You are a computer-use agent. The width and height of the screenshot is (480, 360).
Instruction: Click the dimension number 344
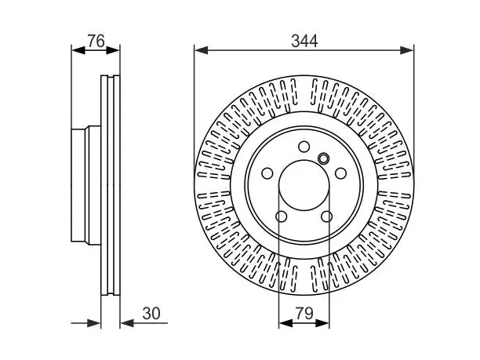[304, 41]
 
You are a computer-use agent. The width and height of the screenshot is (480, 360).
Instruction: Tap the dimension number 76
[96, 41]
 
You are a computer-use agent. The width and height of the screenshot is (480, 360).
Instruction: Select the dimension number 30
[151, 314]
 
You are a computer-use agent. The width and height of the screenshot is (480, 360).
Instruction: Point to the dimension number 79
[304, 314]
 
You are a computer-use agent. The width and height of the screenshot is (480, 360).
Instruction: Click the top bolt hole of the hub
[304, 147]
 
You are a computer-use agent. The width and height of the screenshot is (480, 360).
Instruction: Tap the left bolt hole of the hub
[267, 173]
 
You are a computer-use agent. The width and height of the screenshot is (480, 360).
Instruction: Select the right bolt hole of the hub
[340, 173]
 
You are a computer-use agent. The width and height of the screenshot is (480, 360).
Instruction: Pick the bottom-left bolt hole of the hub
[282, 216]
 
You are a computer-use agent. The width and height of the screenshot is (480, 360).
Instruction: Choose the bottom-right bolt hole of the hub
[326, 216]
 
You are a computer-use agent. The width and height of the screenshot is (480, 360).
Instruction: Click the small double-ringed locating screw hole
[323, 158]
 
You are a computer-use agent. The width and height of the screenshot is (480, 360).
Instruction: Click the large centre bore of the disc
[304, 186]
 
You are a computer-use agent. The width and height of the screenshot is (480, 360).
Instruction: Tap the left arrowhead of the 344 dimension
[202, 50]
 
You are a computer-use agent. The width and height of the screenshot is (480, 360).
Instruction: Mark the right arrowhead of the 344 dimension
[406, 50]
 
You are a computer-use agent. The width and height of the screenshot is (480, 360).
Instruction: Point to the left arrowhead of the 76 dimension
[78, 50]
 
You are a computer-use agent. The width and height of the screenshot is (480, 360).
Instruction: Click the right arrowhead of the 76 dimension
[113, 50]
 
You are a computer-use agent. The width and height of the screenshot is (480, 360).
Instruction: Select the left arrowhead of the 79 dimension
[286, 323]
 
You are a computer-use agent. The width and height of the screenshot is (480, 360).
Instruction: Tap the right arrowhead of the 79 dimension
[322, 323]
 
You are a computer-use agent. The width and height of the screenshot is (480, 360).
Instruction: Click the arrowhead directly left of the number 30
[127, 323]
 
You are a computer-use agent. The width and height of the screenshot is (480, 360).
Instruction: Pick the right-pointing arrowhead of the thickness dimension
[93, 323]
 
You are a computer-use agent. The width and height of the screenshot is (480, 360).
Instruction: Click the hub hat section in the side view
[86, 186]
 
